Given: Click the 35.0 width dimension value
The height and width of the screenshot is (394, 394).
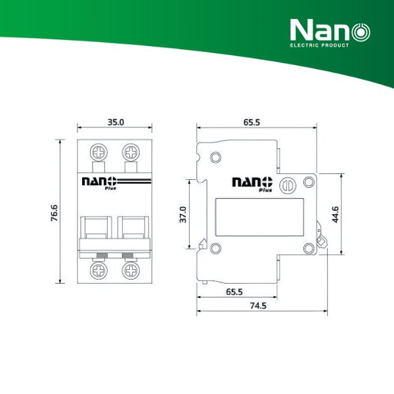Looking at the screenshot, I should coord(115,122).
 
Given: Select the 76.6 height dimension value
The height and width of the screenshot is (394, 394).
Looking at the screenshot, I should coord(55,213).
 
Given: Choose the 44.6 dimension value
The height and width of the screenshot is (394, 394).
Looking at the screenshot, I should coord(336,215).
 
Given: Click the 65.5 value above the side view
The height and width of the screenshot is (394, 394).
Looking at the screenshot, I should coord(253,122).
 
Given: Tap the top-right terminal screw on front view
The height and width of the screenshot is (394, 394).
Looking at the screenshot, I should coord(130,152).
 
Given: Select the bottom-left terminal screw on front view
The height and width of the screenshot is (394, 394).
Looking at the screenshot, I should coord(100,270).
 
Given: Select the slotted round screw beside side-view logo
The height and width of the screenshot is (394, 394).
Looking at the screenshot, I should coord(286,185).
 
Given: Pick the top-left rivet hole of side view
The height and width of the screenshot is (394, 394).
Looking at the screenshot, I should coord(215,158).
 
